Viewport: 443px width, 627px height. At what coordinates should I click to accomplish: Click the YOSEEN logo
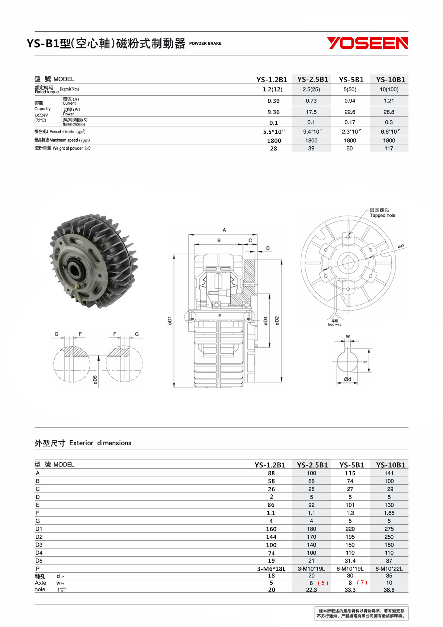coord(367,43)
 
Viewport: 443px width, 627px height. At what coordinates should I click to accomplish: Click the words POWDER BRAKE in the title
coord(205,44)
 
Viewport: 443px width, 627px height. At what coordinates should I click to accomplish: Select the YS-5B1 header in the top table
coord(351,79)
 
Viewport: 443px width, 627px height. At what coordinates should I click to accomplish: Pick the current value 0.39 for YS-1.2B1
coord(273,101)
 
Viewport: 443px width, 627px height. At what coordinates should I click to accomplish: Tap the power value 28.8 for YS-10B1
coord(389,112)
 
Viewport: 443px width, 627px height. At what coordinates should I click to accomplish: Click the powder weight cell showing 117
coord(389,148)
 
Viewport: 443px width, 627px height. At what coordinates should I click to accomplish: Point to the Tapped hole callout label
coord(382,215)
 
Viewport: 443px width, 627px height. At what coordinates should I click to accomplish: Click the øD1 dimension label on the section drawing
coord(170,321)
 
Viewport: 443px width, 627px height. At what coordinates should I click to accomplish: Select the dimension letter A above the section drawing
coord(224,230)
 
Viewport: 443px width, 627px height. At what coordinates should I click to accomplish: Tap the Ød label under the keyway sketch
coord(347,379)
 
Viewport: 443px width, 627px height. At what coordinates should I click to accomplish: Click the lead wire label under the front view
coord(334,324)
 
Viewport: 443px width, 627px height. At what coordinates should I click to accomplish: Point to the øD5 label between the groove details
coord(95,380)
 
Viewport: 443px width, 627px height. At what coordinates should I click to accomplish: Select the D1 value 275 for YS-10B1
coord(389,529)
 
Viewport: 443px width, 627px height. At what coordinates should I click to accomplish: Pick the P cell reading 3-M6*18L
coord(271,569)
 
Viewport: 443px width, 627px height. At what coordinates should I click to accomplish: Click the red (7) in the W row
coord(362,583)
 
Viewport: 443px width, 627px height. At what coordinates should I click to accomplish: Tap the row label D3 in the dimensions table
coord(39,545)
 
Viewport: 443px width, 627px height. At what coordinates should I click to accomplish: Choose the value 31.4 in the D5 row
coord(350,561)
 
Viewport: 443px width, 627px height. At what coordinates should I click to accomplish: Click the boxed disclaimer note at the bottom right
coord(360,613)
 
